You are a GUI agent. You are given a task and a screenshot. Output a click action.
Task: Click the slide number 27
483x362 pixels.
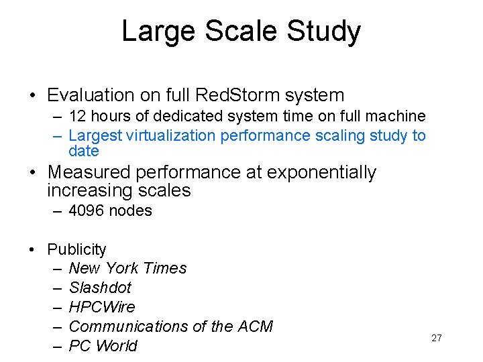pyautogui.click(x=437, y=338)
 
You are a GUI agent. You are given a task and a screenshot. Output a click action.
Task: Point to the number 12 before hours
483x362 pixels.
pyautogui.click(x=77, y=117)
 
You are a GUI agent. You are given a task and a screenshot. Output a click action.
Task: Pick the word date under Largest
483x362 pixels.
pyautogui.click(x=84, y=151)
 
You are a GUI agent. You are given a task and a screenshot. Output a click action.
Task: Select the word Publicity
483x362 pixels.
pyautogui.click(x=76, y=249)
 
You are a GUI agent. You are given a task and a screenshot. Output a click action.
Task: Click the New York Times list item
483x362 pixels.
pyautogui.click(x=127, y=268)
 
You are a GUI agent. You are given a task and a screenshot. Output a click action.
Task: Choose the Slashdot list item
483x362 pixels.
pyautogui.click(x=100, y=288)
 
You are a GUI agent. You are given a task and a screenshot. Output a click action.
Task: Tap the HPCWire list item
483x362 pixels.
pyautogui.click(x=102, y=307)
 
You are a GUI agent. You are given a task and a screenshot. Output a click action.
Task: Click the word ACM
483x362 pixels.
pyautogui.click(x=255, y=326)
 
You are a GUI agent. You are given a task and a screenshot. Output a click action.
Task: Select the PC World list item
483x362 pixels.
pyautogui.click(x=103, y=346)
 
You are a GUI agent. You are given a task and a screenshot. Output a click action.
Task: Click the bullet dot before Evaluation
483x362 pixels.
pyautogui.click(x=32, y=96)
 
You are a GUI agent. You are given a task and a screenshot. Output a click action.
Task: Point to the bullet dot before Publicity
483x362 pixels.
pyautogui.click(x=32, y=249)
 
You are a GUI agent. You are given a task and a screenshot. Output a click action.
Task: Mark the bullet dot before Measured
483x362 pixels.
pyautogui.click(x=32, y=173)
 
